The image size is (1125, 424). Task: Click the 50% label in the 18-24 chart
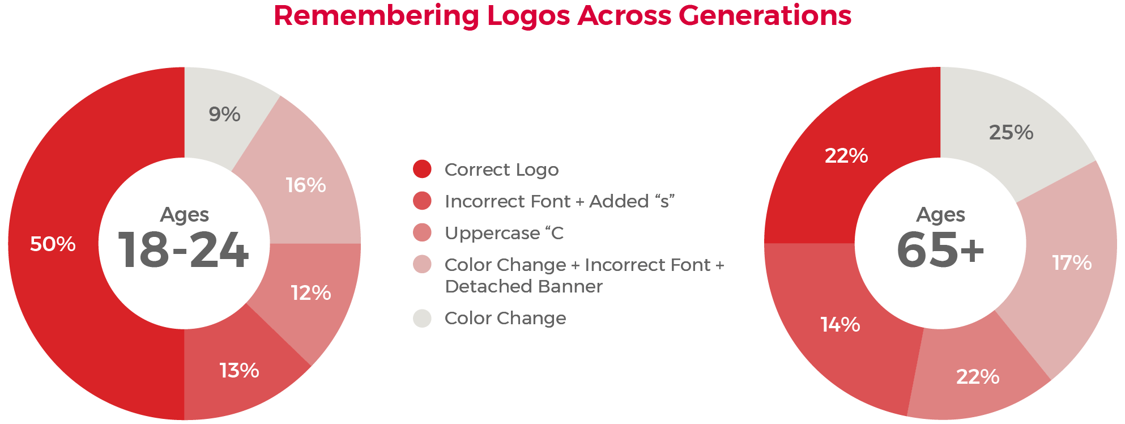53,244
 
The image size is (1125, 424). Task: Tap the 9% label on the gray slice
224,114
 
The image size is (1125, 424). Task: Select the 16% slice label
306,185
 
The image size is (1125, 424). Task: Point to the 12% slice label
311,292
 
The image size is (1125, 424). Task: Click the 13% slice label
239,370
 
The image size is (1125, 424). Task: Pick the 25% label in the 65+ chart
1011,132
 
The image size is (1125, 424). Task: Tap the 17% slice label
1072,262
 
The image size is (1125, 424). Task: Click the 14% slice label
840,324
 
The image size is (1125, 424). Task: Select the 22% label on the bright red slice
846,155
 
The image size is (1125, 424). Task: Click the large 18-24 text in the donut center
183,250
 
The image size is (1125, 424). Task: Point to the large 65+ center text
940,250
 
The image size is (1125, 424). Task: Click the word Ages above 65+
940,215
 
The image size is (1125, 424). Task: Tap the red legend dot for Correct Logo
422,169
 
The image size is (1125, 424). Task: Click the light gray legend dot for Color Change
422,318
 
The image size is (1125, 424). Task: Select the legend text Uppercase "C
504,233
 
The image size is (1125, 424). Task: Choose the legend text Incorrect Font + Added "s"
560,201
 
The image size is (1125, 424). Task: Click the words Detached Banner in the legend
523,286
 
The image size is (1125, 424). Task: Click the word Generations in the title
765,15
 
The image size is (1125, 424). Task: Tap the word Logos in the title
529,16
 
